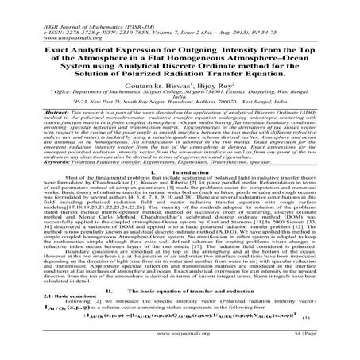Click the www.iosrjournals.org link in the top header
tap(35, 19)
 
